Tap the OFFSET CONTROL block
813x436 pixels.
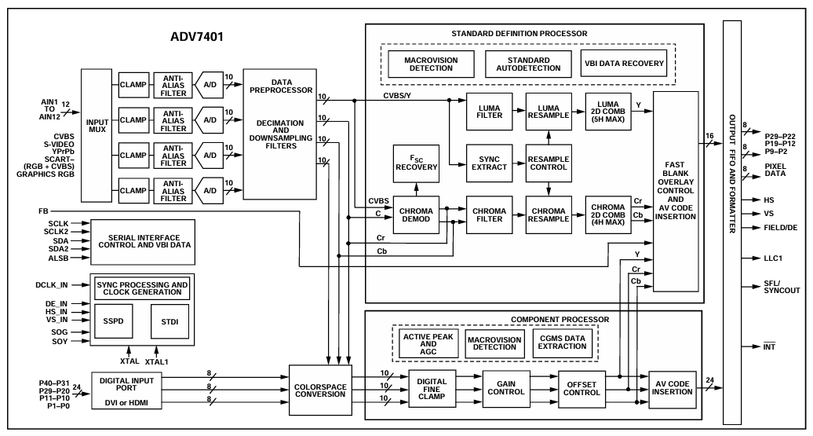(584, 390)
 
